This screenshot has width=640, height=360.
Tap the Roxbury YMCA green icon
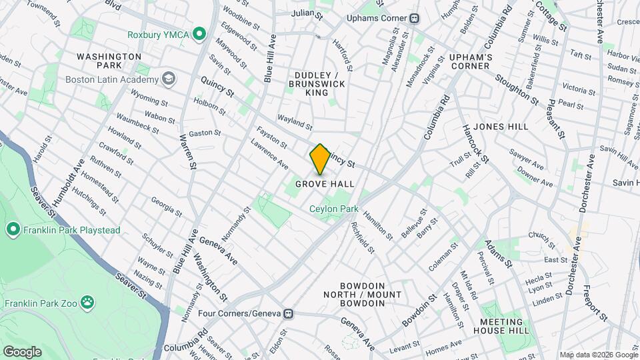[x=199, y=34]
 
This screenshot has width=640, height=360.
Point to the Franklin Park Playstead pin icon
[x=13, y=231]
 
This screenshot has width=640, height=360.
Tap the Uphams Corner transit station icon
[x=415, y=18]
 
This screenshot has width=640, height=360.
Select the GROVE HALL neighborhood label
[x=325, y=184]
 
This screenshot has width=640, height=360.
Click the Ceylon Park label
[x=333, y=209]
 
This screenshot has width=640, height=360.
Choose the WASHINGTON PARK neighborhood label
[x=108, y=61]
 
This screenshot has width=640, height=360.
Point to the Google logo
[x=22, y=351]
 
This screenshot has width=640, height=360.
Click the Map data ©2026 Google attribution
[x=598, y=355]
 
